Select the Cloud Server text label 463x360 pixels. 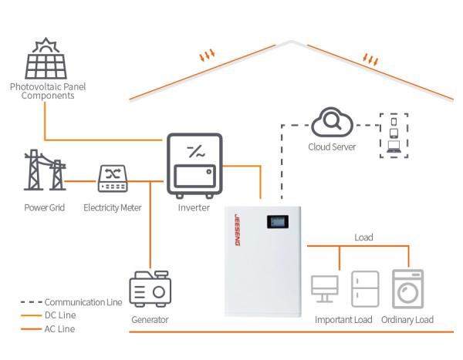pos(332,146)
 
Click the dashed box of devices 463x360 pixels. pos(394,135)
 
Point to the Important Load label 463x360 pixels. pos(343,320)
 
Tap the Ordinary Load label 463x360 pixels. pos(407,320)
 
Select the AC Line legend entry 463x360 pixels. pos(60,329)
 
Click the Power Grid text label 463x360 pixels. pos(43,207)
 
